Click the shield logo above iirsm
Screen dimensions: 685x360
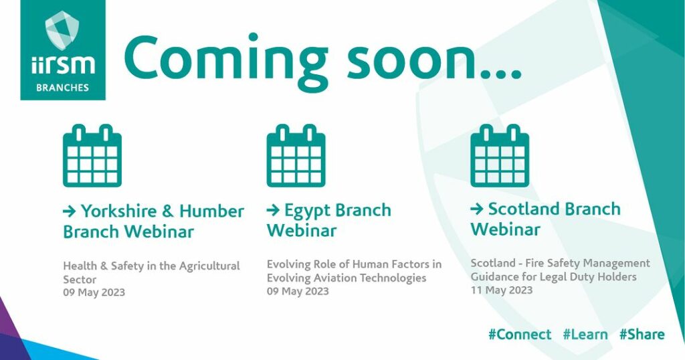click(x=62, y=30)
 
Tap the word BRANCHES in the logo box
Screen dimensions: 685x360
click(x=62, y=88)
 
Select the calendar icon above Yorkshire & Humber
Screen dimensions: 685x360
click(x=92, y=155)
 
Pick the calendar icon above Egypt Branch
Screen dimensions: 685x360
click(x=296, y=155)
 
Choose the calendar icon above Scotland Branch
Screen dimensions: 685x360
click(x=500, y=155)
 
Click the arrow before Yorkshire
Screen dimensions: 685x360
click(x=70, y=211)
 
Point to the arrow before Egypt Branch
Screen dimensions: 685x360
click(x=273, y=210)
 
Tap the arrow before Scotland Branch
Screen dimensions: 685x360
click(x=477, y=209)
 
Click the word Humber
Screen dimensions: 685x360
click(x=211, y=211)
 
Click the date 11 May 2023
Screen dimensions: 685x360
click(x=502, y=290)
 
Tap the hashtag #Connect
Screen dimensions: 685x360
click(x=520, y=335)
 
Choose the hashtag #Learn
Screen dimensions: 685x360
click(x=585, y=335)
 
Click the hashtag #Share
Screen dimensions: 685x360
click(x=642, y=335)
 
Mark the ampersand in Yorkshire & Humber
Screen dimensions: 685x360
click(x=168, y=211)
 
